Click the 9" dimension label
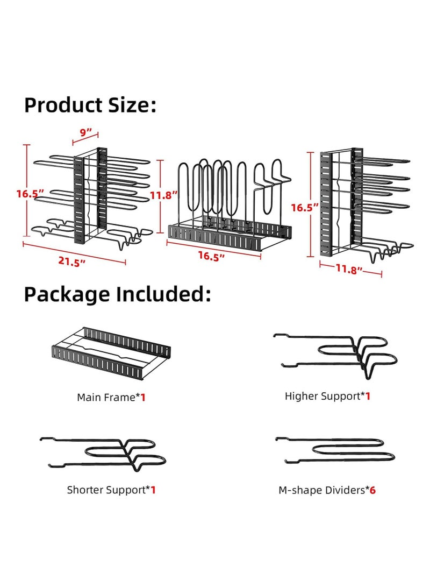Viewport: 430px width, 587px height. [x=86, y=132]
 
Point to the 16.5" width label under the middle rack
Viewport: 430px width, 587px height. [x=210, y=257]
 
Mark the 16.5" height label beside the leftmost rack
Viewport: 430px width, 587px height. [x=29, y=194]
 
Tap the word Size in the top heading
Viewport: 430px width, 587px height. [x=134, y=105]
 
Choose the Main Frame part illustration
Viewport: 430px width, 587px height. [x=111, y=352]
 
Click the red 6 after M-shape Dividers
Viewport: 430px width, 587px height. [x=372, y=490]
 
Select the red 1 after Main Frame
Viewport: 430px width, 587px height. [x=144, y=398]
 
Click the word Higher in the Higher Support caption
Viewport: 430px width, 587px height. [x=301, y=396]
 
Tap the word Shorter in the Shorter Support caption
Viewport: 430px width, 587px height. [x=85, y=490]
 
